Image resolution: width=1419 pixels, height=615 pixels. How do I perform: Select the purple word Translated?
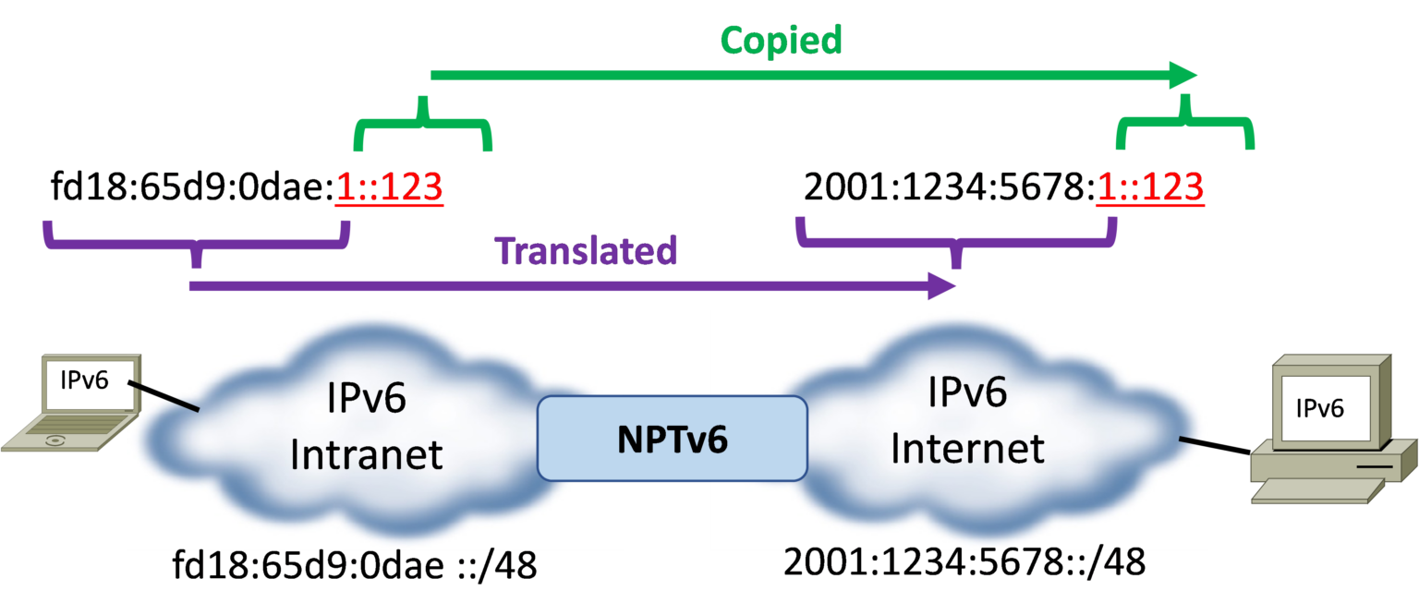(587, 250)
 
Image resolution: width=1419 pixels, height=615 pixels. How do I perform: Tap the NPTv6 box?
(673, 439)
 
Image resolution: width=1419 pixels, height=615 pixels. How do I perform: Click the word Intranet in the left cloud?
(367, 454)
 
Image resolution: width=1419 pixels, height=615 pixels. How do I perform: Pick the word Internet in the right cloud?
(967, 449)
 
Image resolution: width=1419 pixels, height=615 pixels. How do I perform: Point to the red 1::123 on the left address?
(389, 187)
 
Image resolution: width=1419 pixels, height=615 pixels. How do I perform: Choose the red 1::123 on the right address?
(1149, 187)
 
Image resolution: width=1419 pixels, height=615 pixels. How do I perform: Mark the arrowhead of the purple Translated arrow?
(942, 286)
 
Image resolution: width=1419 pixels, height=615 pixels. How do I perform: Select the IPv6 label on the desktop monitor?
(1319, 408)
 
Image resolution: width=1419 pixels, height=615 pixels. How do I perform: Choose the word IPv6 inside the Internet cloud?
(967, 393)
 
